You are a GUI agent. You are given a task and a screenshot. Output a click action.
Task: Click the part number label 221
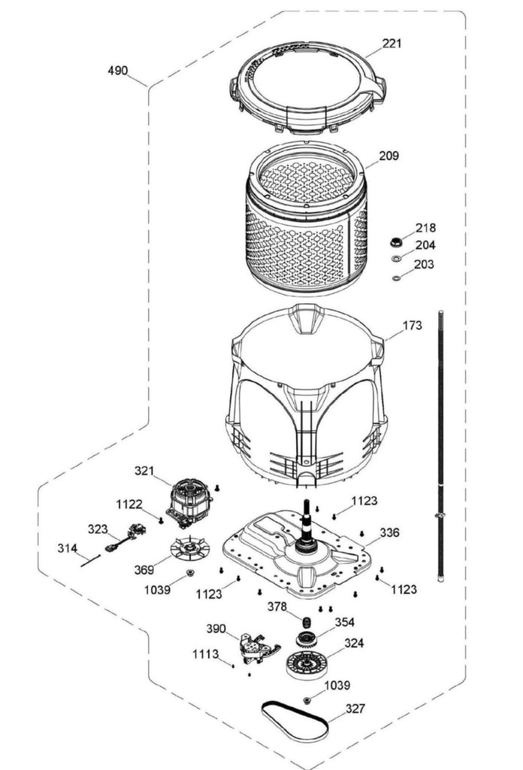click(x=391, y=44)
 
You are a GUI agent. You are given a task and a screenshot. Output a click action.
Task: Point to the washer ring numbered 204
click(x=395, y=259)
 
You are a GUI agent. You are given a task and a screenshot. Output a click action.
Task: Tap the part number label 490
click(x=117, y=71)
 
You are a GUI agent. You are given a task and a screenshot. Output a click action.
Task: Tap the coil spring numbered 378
click(x=307, y=622)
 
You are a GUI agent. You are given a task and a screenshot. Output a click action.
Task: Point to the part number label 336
click(x=389, y=532)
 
